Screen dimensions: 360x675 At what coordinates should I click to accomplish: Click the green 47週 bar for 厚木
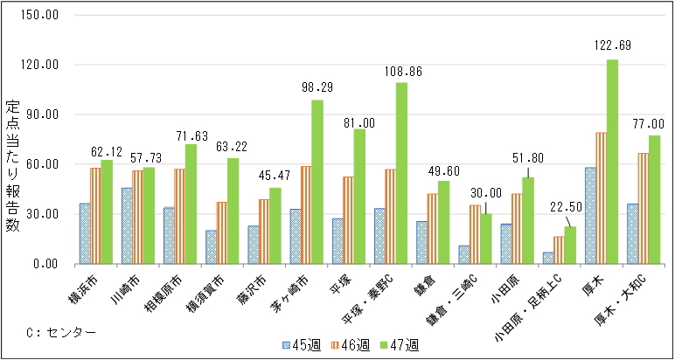(x=613, y=162)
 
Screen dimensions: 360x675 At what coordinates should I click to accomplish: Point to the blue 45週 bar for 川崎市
(x=127, y=225)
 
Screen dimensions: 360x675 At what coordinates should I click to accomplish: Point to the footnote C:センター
(x=61, y=332)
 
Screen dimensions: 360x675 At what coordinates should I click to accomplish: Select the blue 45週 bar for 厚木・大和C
(x=632, y=233)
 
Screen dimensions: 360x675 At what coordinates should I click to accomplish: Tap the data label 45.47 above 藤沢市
(x=275, y=171)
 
